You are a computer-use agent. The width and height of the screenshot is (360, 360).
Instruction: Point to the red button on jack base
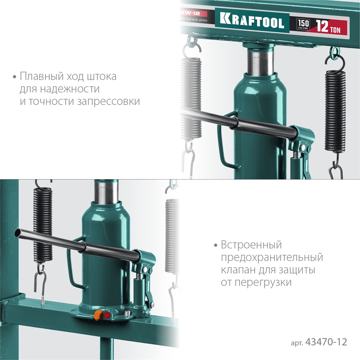pos(107,315)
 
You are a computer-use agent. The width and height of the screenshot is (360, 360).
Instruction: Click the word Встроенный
pos(251,246)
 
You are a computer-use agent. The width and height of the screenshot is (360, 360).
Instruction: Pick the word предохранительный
pos(272,258)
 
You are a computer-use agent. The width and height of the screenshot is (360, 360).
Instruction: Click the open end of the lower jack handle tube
pos(17,233)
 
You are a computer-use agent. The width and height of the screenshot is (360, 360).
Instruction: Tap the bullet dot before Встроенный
pos(216,246)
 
